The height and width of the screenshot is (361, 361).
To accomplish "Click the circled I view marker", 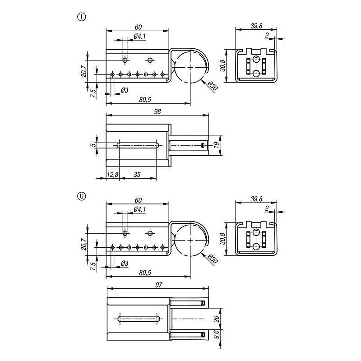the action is (82, 17).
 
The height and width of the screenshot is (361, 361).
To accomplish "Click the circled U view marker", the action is (82, 196).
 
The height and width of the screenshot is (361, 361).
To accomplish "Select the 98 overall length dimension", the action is (157, 111).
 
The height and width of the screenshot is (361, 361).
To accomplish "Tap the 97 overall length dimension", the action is (159, 285).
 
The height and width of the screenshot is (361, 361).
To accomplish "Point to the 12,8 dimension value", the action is (112, 175).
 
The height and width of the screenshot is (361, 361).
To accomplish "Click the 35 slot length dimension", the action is (137, 175).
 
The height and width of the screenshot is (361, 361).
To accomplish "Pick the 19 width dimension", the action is (216, 145).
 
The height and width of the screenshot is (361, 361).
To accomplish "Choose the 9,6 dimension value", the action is (217, 335).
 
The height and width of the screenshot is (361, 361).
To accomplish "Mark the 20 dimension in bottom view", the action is (217, 319).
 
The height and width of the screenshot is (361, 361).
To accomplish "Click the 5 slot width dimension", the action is (93, 145).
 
